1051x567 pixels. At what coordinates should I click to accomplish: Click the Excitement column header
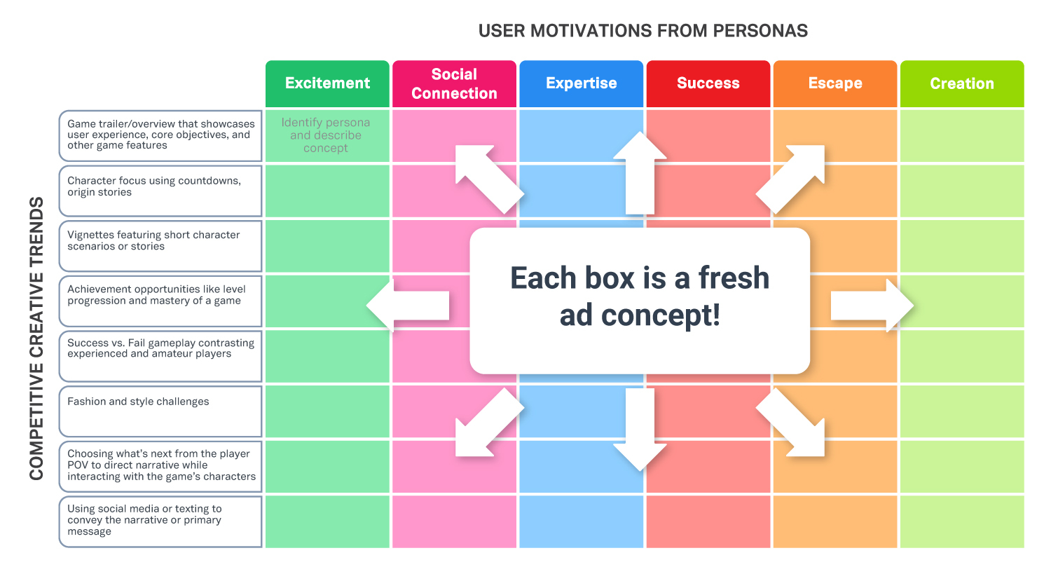click(x=327, y=83)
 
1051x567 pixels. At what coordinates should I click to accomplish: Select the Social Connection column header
click(x=454, y=83)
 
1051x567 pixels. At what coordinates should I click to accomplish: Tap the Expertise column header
click(x=581, y=83)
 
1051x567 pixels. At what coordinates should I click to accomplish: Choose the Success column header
click(x=708, y=83)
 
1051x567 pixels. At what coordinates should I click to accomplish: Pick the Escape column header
click(x=835, y=83)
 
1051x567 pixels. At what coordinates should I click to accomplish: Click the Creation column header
click(x=962, y=83)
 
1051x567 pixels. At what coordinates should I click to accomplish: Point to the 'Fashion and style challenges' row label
click(x=160, y=411)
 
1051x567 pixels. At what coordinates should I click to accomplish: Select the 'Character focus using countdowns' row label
click(x=160, y=191)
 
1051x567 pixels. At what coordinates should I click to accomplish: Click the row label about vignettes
click(x=160, y=246)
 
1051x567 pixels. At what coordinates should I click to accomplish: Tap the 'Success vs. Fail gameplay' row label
click(x=160, y=356)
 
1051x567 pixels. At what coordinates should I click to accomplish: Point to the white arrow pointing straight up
click(x=640, y=172)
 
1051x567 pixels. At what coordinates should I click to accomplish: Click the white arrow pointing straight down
click(x=640, y=430)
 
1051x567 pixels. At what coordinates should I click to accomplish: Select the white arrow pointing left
click(x=408, y=306)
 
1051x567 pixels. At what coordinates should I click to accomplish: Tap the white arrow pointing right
click(x=872, y=306)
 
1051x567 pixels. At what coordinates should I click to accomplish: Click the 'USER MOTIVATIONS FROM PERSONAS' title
click(x=643, y=31)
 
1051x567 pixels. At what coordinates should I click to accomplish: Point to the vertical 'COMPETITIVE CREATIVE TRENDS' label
click(x=36, y=339)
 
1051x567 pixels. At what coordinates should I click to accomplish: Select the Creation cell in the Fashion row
click(x=962, y=411)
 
